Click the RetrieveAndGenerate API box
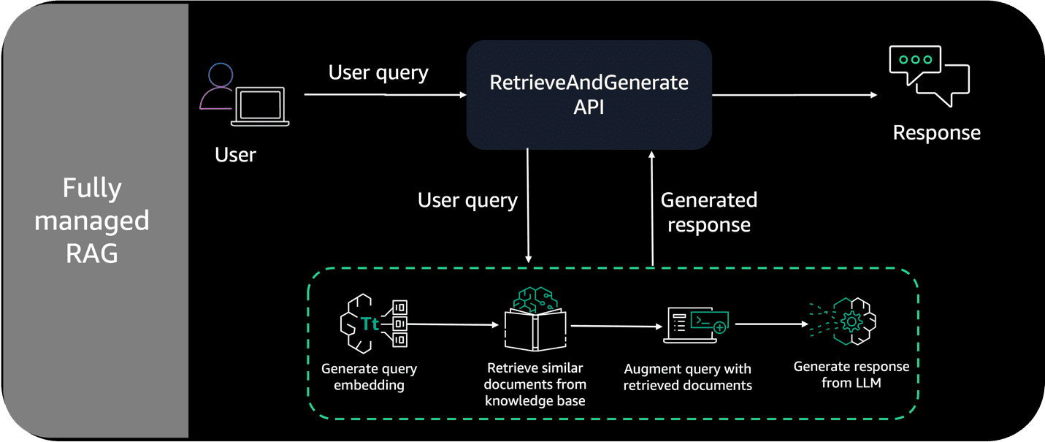coord(589,95)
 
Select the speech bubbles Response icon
coord(928,75)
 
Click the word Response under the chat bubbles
coord(936,133)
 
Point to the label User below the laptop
coord(235,155)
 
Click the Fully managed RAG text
coord(92,221)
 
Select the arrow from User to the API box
coord(384,95)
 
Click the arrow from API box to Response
coord(795,95)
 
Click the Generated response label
coord(708,212)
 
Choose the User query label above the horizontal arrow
coord(378,72)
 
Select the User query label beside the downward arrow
coord(467,200)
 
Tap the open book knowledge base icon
coord(535,322)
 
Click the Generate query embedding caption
coord(369,377)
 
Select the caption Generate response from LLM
coord(851,374)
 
